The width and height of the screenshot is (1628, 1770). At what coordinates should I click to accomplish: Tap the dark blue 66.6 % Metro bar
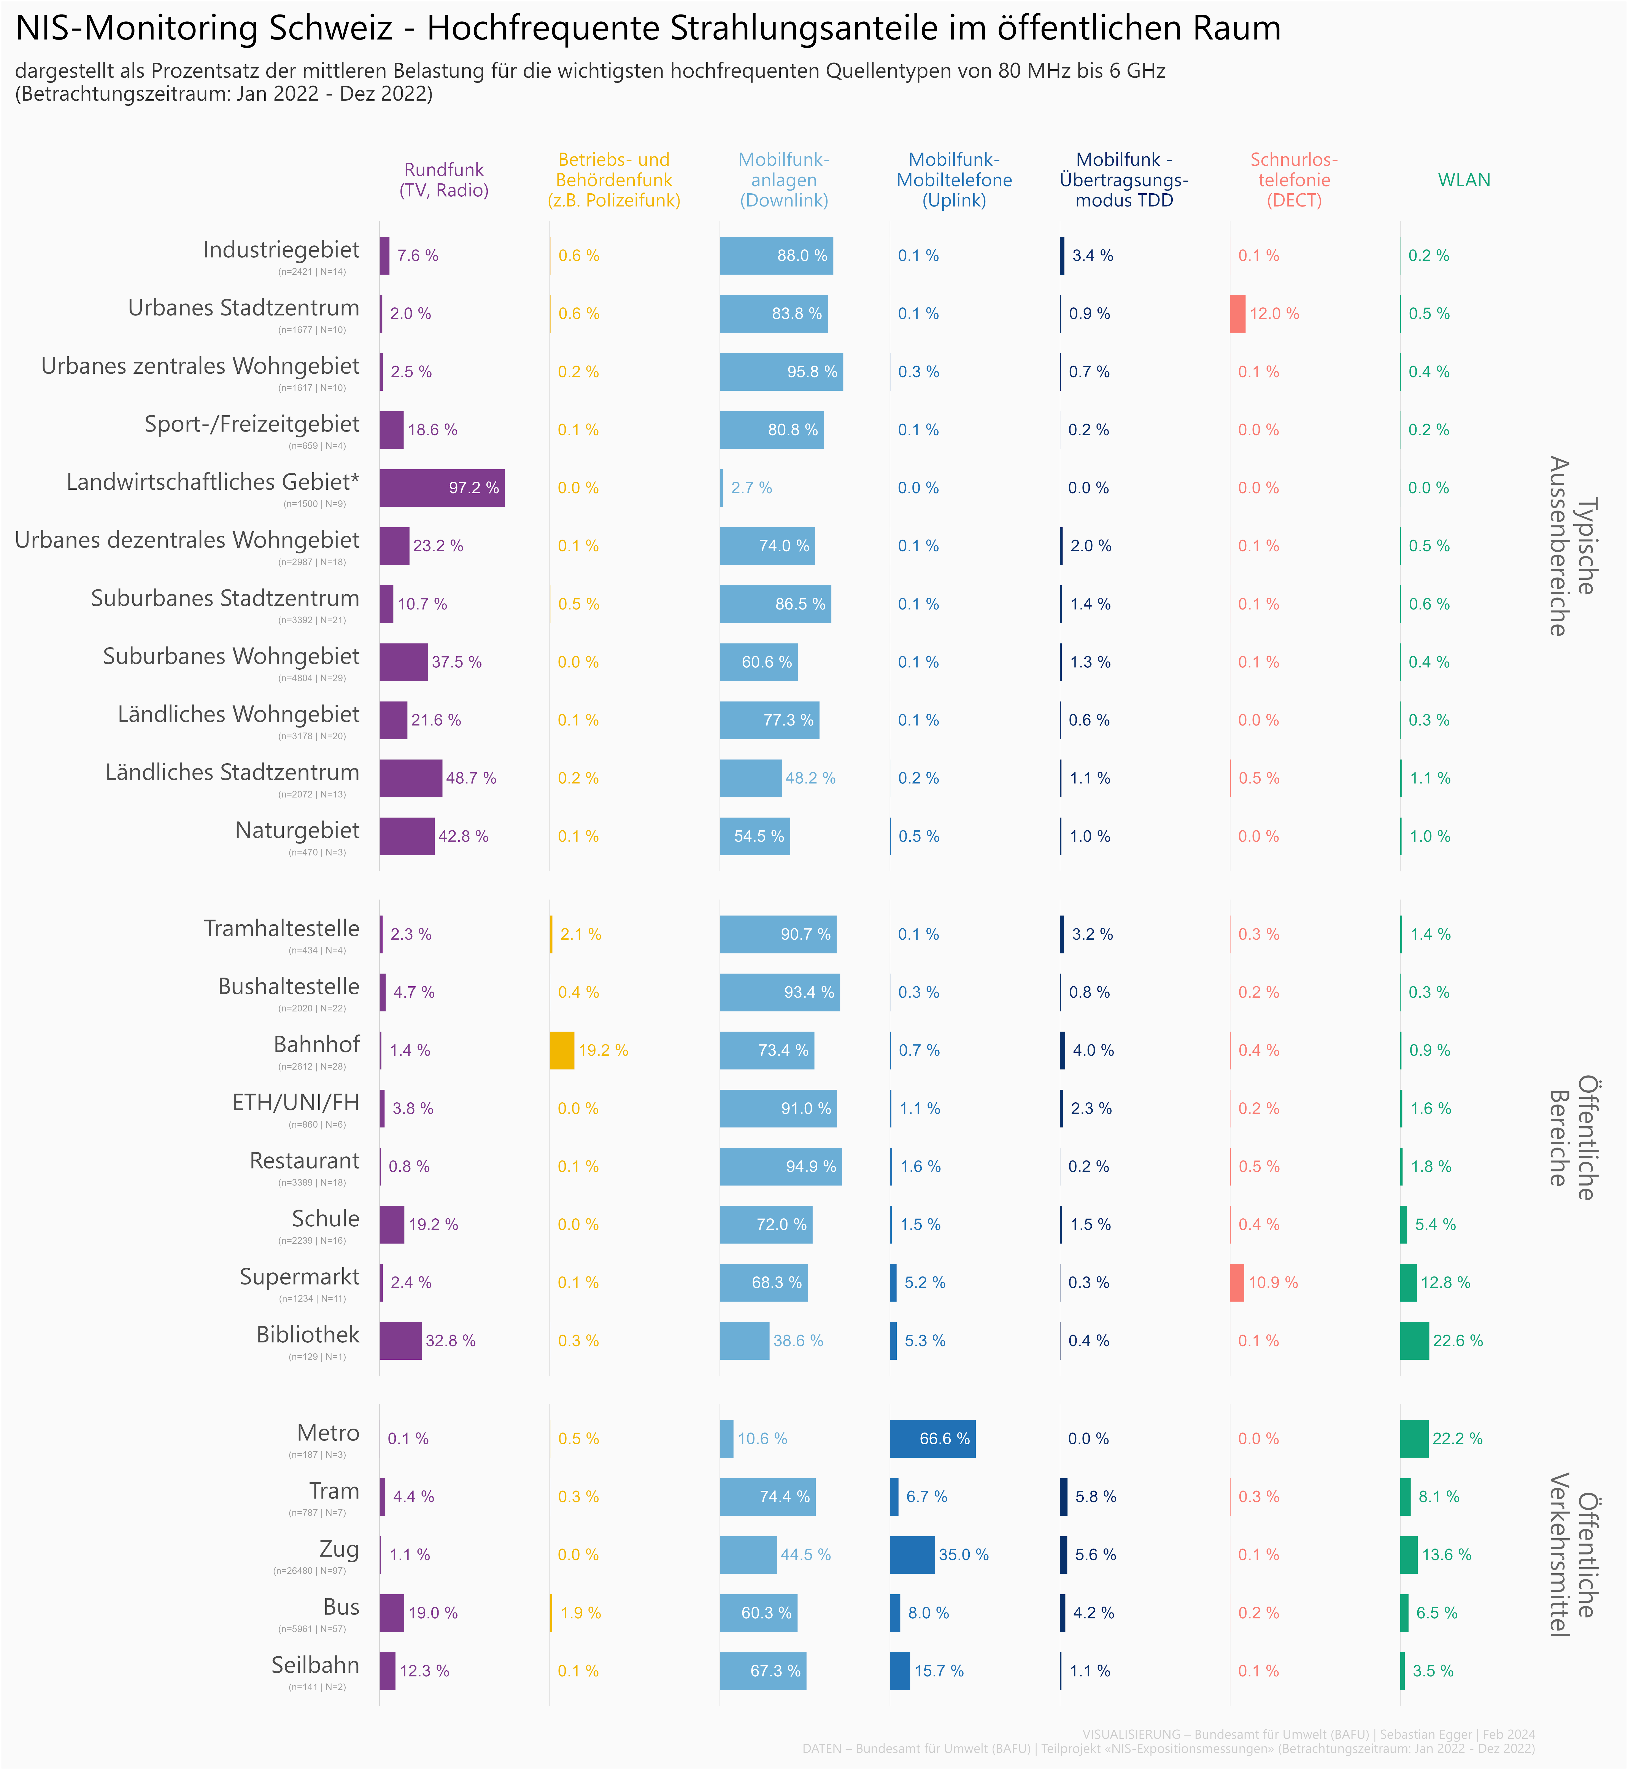[932, 1439]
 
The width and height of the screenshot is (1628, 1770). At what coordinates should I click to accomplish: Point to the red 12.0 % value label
[1274, 314]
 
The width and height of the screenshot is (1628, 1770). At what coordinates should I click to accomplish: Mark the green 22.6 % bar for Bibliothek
[1414, 1341]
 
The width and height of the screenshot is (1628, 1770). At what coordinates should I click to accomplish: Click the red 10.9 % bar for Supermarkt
[1237, 1283]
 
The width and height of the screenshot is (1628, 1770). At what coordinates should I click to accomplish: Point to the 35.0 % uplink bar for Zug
[912, 1555]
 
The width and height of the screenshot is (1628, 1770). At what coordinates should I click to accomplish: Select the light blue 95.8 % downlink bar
[781, 372]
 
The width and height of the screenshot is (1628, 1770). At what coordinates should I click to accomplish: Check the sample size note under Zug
[309, 1571]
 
